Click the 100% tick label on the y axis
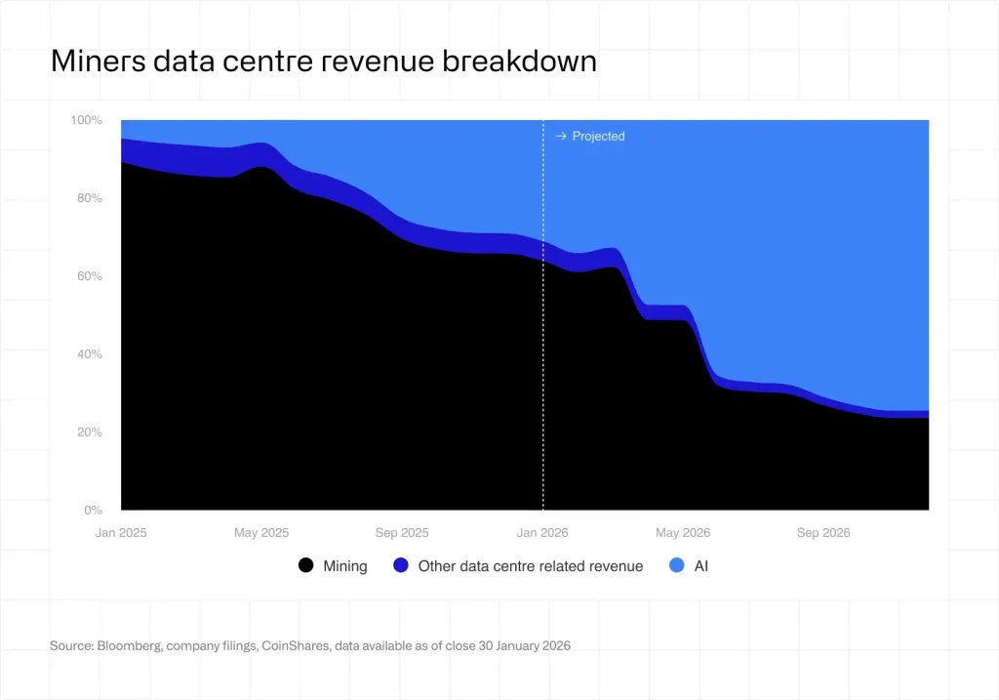pos(85,120)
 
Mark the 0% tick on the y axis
pos(91,511)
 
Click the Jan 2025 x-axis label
pos(120,533)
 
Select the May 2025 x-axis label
pos(261,533)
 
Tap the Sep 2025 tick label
pos(402,533)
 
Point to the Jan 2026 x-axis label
pos(542,533)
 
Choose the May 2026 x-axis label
pos(683,533)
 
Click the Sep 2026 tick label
pos(823,533)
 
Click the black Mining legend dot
pos(306,565)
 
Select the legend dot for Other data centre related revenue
pos(400,565)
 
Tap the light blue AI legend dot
pos(676,565)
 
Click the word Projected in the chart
pos(598,137)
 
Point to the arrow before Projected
pos(561,137)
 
